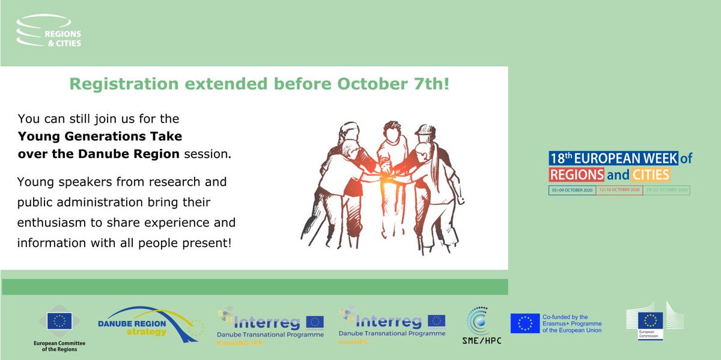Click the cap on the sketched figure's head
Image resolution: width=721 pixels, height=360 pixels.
click(424, 130)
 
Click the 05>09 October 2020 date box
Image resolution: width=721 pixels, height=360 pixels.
click(572, 191)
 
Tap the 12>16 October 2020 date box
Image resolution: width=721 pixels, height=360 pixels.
click(619, 191)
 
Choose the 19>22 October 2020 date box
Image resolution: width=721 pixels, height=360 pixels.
click(666, 191)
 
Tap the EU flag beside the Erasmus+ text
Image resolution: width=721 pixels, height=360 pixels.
click(525, 323)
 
